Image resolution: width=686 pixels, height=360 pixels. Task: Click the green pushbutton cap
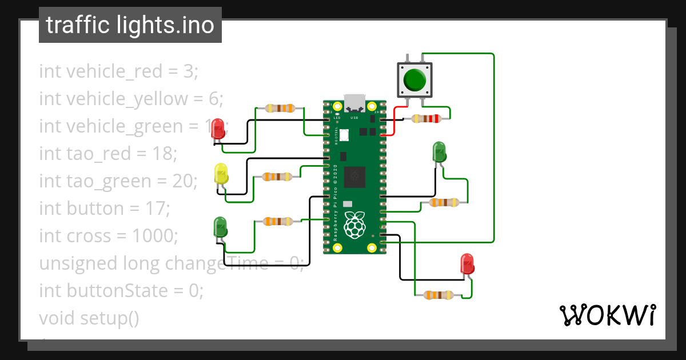pos(414,79)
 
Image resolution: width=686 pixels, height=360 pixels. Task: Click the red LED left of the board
pos(218,130)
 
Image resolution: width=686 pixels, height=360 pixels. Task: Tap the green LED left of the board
pos(220,227)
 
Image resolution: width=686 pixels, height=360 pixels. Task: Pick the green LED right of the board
pos(439,152)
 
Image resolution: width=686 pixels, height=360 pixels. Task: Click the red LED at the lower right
pos(467,265)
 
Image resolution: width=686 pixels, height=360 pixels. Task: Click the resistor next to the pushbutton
pos(426,119)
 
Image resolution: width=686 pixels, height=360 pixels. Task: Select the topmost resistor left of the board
pos(280,108)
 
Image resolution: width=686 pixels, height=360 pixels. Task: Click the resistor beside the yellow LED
pos(277,177)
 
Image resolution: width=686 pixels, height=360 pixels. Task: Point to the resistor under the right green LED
pos(444,202)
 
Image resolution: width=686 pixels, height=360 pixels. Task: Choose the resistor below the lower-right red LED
pos(438,295)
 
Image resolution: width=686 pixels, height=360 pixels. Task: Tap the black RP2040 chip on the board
pos(354,177)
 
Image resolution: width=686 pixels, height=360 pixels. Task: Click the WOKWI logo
pos(607,315)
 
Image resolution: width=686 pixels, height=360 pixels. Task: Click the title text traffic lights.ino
pos(130,25)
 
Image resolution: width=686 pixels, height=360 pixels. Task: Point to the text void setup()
pos(89,318)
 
